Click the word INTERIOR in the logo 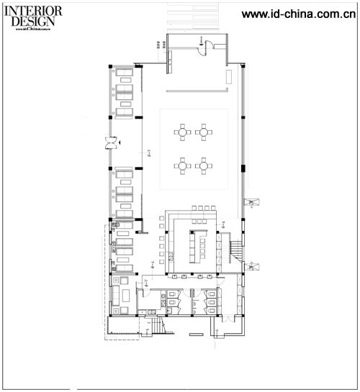pyautogui.click(x=37, y=11)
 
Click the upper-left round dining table pyautogui.click(x=182, y=132)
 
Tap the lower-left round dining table pyautogui.click(x=182, y=165)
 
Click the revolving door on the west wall pyautogui.click(x=110, y=142)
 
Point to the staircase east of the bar pyautogui.click(x=235, y=250)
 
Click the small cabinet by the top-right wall pyautogui.click(x=228, y=76)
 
